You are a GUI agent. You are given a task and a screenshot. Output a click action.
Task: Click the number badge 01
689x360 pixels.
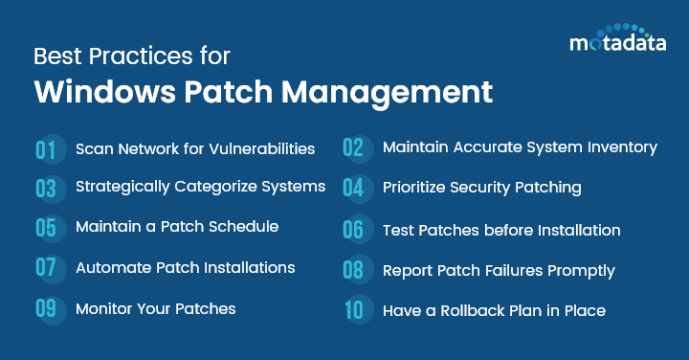coord(47,149)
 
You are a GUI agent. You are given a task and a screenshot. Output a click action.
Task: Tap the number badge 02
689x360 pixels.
coord(353,147)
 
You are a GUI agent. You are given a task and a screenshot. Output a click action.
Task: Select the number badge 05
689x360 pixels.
coord(47,228)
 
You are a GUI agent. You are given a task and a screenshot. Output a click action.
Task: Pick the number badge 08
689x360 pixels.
coord(353,271)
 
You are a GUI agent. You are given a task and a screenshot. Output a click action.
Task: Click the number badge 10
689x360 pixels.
coord(353,311)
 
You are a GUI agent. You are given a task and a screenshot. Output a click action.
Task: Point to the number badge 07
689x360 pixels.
coord(47,268)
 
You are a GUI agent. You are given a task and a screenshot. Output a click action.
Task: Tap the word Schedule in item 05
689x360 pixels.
coord(244,227)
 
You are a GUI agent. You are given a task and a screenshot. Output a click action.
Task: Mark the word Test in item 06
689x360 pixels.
coord(398,230)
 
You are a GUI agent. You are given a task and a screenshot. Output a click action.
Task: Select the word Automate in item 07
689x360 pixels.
coord(111,267)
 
